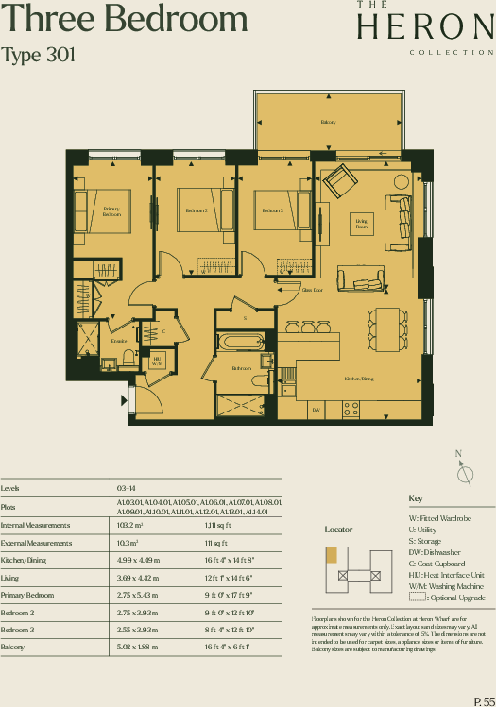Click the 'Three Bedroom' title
(x=125, y=20)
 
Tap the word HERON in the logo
(x=426, y=28)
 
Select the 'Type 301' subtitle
(x=39, y=56)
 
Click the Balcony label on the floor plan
(x=328, y=123)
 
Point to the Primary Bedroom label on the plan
(x=111, y=211)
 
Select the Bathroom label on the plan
(x=242, y=369)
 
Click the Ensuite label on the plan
(x=118, y=341)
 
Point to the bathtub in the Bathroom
(x=244, y=343)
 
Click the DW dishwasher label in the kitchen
(x=316, y=410)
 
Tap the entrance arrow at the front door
(x=125, y=400)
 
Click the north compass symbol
(x=462, y=474)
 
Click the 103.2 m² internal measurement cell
(x=130, y=524)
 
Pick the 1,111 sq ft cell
(x=213, y=524)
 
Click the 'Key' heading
(x=416, y=498)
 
